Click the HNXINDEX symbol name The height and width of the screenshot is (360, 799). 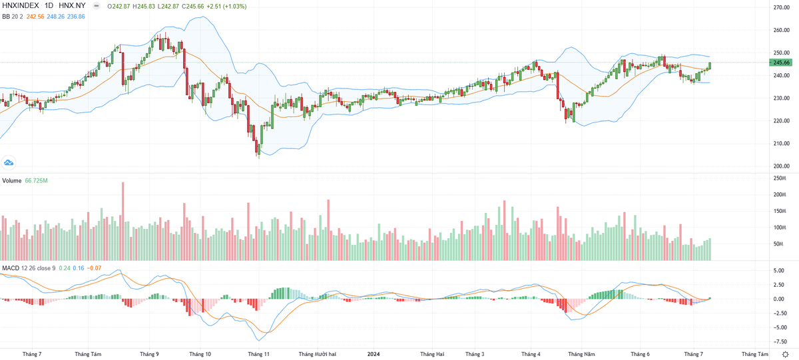click(21, 6)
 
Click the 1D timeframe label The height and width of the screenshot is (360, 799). click(49, 6)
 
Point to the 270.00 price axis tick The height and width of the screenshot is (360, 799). click(781, 7)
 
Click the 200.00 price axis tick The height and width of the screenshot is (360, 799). click(781, 166)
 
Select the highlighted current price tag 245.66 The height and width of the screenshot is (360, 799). click(781, 63)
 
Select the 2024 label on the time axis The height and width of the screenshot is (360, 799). click(374, 355)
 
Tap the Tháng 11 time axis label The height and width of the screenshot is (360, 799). click(258, 355)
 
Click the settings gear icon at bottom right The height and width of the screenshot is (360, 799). click(786, 355)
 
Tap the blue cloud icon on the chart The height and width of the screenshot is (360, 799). click(9, 162)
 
